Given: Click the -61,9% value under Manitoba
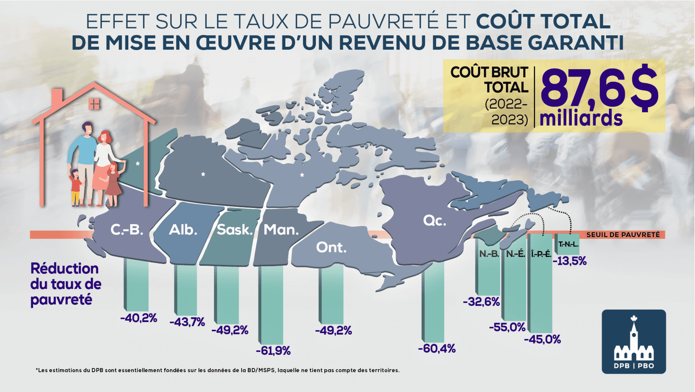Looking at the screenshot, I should click(x=273, y=351).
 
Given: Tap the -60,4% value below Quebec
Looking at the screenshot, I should click(x=437, y=348).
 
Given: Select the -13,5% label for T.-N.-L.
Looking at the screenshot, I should click(x=570, y=261).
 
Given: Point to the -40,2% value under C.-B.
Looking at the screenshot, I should click(x=139, y=318).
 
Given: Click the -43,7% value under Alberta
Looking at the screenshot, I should click(x=187, y=322).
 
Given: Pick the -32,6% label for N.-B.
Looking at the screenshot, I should click(x=481, y=302).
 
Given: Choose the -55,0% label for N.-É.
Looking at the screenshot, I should click(x=507, y=327).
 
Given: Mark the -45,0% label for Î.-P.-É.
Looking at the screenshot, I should click(x=543, y=339).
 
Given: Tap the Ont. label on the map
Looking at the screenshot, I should click(x=331, y=247).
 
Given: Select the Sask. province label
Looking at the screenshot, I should click(x=235, y=230).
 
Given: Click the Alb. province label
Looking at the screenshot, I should click(x=183, y=230).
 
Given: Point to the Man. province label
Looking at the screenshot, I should click(x=281, y=230).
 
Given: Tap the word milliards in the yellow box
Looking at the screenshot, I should click(x=581, y=118).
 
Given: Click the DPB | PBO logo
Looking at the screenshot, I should click(x=634, y=341).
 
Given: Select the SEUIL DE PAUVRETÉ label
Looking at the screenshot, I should click(x=623, y=235).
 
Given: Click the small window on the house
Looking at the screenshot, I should click(x=94, y=104).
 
